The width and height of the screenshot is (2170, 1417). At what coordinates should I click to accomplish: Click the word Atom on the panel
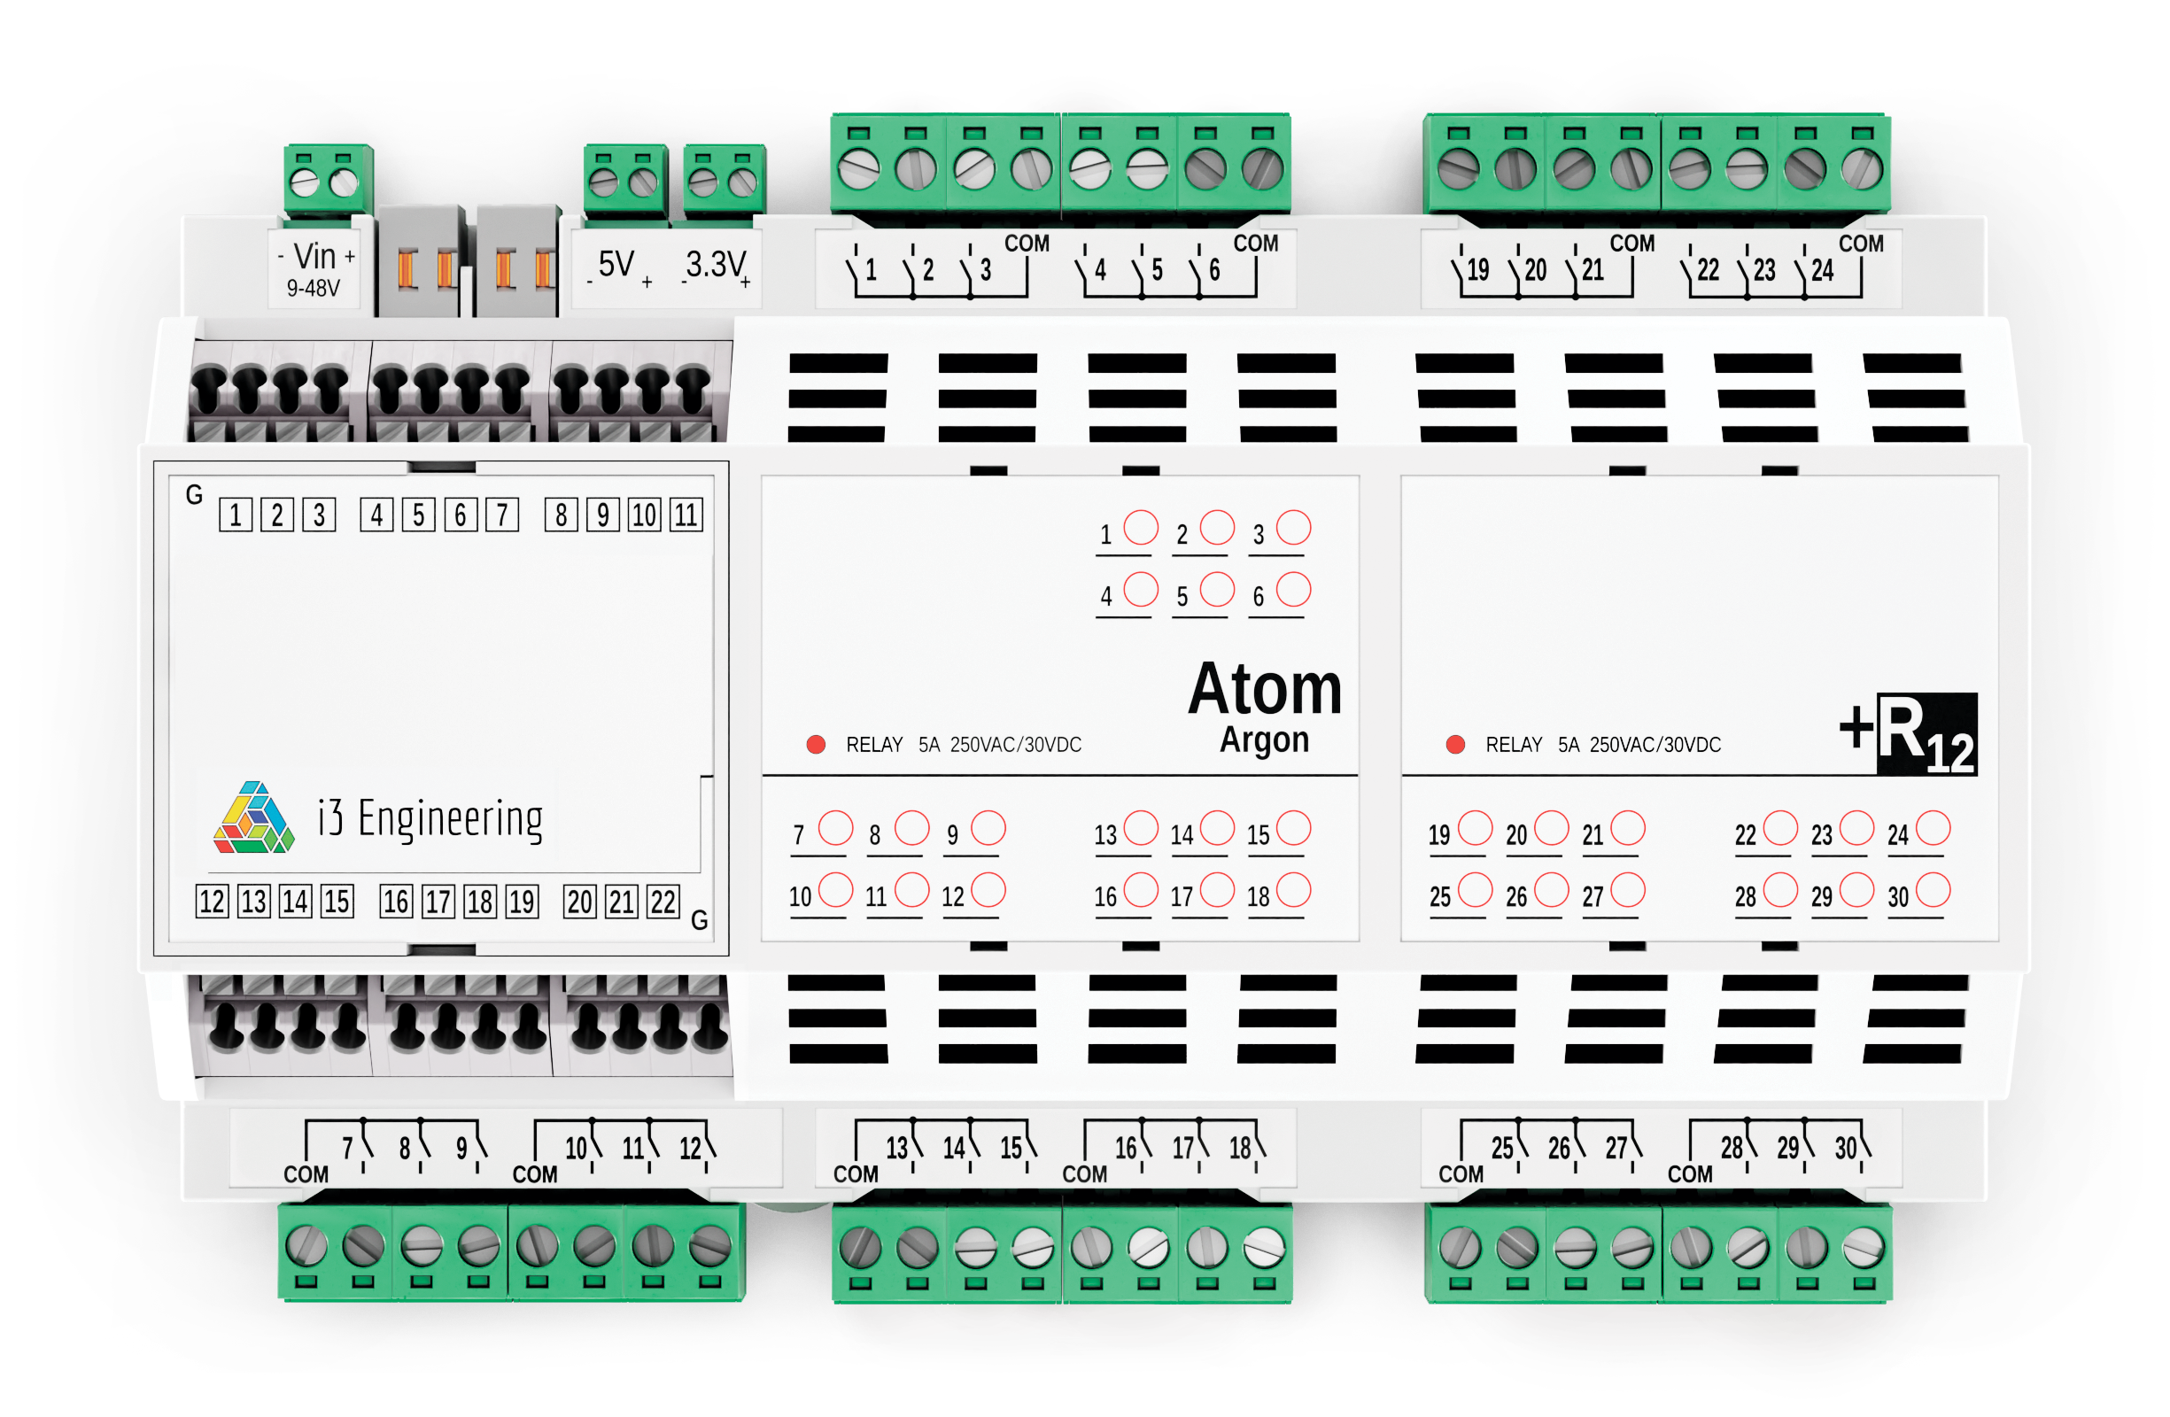(1264, 689)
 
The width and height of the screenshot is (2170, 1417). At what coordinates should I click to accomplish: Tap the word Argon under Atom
(1264, 739)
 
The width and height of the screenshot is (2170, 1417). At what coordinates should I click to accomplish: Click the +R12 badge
(1910, 733)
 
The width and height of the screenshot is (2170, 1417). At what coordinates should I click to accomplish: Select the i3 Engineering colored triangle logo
(253, 818)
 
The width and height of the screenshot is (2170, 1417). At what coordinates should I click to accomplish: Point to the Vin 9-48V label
(315, 269)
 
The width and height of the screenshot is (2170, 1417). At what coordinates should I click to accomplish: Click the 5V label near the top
(616, 265)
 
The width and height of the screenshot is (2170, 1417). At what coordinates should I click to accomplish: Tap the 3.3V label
(715, 265)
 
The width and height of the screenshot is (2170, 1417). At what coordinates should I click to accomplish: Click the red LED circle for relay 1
(1141, 527)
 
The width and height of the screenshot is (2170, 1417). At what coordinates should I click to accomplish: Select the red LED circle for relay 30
(1932, 890)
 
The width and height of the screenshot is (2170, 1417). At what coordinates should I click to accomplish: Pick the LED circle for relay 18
(1293, 890)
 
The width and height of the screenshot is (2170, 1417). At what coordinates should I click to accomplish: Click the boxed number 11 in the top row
(686, 515)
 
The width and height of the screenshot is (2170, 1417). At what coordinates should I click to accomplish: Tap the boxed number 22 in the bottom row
(663, 902)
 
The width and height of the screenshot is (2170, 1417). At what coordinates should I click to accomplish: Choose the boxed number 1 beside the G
(236, 515)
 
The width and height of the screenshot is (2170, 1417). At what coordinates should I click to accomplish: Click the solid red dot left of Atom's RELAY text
(816, 744)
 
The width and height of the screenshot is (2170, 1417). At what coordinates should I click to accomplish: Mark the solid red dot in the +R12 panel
(1455, 744)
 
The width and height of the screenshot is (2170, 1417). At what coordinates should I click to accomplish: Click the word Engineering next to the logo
(450, 818)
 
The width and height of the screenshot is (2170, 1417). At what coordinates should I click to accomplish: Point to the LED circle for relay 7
(835, 828)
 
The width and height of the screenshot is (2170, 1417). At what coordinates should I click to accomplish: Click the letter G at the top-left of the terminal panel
(193, 494)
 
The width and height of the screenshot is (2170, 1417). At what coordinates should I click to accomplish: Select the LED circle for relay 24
(1932, 828)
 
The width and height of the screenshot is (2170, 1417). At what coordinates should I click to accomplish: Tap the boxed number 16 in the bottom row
(396, 902)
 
